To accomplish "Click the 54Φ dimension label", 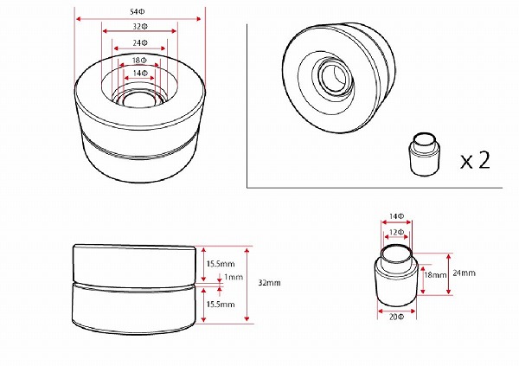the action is tap(138, 12).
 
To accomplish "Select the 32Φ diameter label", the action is tap(140, 27).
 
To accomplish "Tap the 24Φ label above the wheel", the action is tap(140, 43).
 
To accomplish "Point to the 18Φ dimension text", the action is tap(139, 61).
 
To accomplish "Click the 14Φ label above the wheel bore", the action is tap(140, 74).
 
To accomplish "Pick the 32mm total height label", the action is tap(269, 283).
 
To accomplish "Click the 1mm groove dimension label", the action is tap(234, 277).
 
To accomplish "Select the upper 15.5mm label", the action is tap(221, 264).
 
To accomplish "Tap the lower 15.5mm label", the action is tap(221, 305).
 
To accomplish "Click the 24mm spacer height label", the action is tap(464, 273).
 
